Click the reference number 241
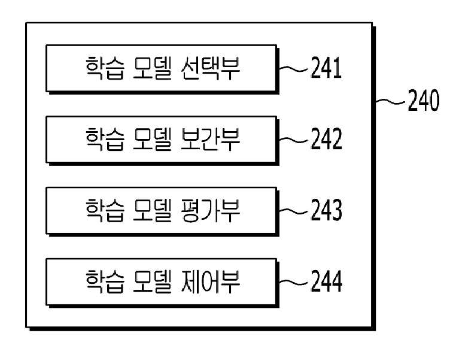[x=326, y=68]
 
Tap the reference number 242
[x=327, y=139]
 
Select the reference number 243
[x=327, y=210]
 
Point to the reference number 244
[x=327, y=281]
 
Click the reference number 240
[x=424, y=101]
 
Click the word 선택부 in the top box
[x=210, y=68]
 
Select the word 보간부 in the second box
[x=210, y=140]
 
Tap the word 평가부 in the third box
[x=210, y=210]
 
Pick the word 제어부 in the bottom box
[x=210, y=282]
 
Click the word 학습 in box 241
[x=105, y=68]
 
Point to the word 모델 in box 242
[x=152, y=140]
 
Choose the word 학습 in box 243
[x=105, y=210]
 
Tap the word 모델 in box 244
[x=152, y=282]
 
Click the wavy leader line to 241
[x=293, y=68]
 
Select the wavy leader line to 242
[x=293, y=140]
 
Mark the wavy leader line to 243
[x=293, y=211]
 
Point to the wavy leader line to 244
[x=293, y=282]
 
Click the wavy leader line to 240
[x=390, y=101]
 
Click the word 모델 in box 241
[x=152, y=68]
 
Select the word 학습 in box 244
[x=105, y=282]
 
